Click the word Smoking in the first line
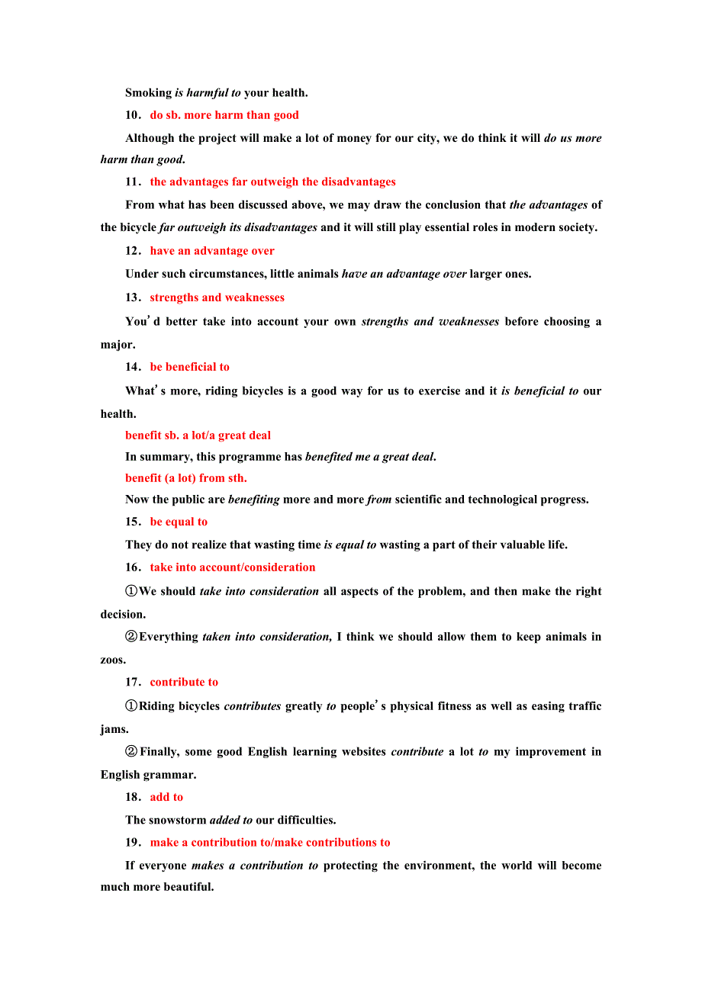click(148, 92)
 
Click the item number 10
click(133, 115)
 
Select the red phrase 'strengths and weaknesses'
click(217, 297)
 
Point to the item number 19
click(133, 843)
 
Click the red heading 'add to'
click(166, 797)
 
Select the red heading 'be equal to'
click(179, 522)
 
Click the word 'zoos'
click(112, 660)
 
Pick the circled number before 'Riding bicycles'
click(131, 706)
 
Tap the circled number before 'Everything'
click(131, 637)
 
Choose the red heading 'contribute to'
click(184, 682)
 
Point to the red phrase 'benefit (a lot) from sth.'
click(186, 478)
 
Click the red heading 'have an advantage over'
click(212, 251)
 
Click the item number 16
click(133, 567)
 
